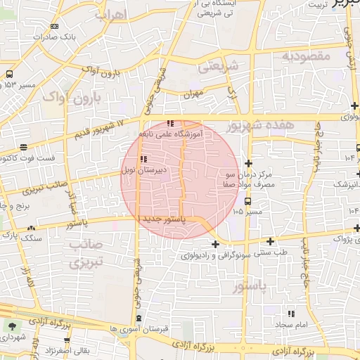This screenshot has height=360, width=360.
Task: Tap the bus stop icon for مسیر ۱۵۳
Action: coord(10,73)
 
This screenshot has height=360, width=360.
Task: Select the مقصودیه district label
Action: coord(305,55)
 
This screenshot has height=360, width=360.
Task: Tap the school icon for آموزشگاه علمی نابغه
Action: coord(170,124)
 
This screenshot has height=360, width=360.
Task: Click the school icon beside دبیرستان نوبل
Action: coord(143,160)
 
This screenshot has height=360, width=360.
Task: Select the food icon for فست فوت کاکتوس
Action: coord(24,148)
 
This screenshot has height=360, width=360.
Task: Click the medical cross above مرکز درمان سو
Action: coord(247,163)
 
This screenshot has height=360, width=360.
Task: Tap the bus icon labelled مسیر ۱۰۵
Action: coord(247,201)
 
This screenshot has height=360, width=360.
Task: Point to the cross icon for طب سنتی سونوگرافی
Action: coord(214,243)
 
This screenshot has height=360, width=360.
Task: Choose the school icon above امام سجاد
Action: coord(292,314)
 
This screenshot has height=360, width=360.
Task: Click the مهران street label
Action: coord(193,93)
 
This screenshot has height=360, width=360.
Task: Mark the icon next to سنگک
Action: coord(32,228)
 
